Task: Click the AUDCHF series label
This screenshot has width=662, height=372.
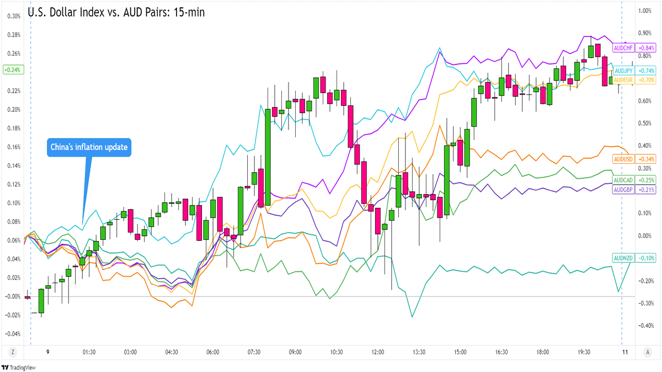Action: [x=623, y=48]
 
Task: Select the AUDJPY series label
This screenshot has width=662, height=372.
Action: [x=623, y=71]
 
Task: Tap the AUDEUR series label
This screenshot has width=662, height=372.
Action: [x=623, y=80]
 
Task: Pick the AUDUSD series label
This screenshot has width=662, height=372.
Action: [x=623, y=159]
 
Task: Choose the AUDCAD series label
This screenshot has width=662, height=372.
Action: [x=623, y=180]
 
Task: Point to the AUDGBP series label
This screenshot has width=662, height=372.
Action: [x=623, y=190]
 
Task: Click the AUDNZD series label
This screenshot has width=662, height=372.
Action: [x=623, y=258]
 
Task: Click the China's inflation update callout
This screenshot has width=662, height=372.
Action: [x=89, y=148]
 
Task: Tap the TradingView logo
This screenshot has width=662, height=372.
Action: [x=16, y=367]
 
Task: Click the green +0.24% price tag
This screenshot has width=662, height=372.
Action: [x=12, y=70]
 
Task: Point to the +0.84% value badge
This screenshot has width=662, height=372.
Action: [x=646, y=48]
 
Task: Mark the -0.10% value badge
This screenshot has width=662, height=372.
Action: [x=646, y=258]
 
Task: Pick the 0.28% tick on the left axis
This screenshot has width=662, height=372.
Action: [x=13, y=35]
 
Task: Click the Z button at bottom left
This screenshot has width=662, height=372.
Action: [x=12, y=352]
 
